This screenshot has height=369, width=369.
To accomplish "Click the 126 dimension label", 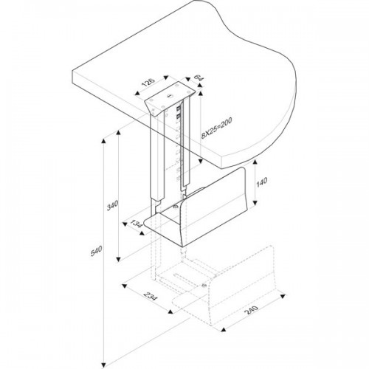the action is pyautogui.click(x=149, y=83).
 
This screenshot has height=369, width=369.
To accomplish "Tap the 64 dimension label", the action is pyautogui.click(x=199, y=77).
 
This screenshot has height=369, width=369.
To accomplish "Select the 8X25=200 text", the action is pyautogui.click(x=217, y=128).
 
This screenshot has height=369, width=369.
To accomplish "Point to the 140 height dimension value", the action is pyautogui.click(x=262, y=182).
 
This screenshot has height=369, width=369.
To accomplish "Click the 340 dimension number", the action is pyautogui.click(x=112, y=206).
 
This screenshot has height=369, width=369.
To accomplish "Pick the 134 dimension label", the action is pyautogui.click(x=137, y=224).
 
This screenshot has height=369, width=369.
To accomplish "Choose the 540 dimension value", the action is pyautogui.click(x=96, y=251).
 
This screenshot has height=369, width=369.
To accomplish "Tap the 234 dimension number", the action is pyautogui.click(x=150, y=296).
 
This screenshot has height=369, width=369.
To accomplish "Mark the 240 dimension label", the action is pyautogui.click(x=251, y=310).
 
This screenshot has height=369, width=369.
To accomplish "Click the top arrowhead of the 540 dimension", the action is pyautogui.click(x=103, y=141).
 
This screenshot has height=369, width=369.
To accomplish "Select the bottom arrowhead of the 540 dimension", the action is pyautogui.click(x=103, y=365).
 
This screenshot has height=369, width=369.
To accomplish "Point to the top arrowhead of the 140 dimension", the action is pyautogui.click(x=255, y=162).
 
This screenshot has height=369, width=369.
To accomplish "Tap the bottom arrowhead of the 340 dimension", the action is pyautogui.click(x=118, y=259).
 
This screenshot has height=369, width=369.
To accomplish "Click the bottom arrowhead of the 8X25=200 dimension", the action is pyautogui.click(x=201, y=162).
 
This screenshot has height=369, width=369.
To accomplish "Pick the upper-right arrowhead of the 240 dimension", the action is pyautogui.click(x=283, y=296).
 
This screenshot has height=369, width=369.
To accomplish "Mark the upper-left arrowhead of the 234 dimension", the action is pyautogui.click(x=125, y=286).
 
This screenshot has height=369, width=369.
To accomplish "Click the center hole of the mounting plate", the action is pyautogui.click(x=169, y=97).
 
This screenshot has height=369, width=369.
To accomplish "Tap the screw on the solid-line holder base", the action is pyautogui.click(x=175, y=206).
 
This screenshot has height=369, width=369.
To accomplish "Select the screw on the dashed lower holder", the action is pyautogui.click(x=203, y=285).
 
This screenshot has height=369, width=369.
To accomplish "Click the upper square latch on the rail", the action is pyautogui.click(x=179, y=108).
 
